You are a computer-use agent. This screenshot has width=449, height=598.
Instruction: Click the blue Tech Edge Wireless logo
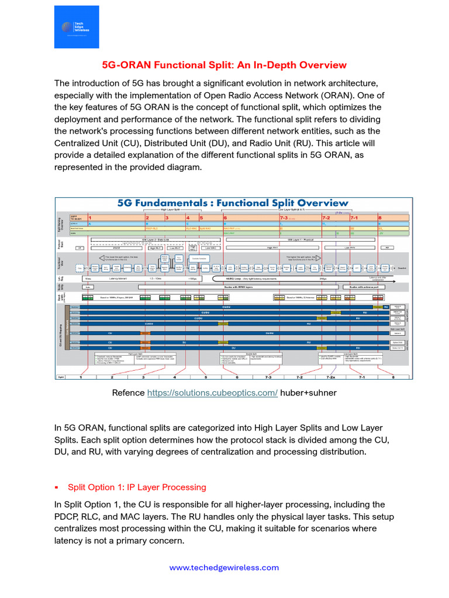click(x=77, y=27)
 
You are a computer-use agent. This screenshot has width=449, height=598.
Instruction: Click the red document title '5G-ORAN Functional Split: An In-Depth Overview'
click(x=224, y=64)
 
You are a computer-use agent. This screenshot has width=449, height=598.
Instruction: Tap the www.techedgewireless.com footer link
click(x=224, y=567)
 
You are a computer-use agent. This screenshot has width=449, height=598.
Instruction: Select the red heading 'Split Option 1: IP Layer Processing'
click(x=137, y=487)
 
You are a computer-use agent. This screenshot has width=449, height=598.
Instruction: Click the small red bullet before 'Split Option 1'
click(x=57, y=488)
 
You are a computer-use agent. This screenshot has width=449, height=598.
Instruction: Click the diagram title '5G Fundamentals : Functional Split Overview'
click(x=233, y=203)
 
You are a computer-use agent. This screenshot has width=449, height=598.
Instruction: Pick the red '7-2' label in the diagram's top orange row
click(x=326, y=217)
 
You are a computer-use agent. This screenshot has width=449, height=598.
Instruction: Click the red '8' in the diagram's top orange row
click(x=380, y=217)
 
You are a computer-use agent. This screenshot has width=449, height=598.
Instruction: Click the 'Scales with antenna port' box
click(x=367, y=287)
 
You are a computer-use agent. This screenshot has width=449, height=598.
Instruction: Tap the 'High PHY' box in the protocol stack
click(x=272, y=248)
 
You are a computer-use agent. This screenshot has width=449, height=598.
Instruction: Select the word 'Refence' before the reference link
click(x=127, y=393)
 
